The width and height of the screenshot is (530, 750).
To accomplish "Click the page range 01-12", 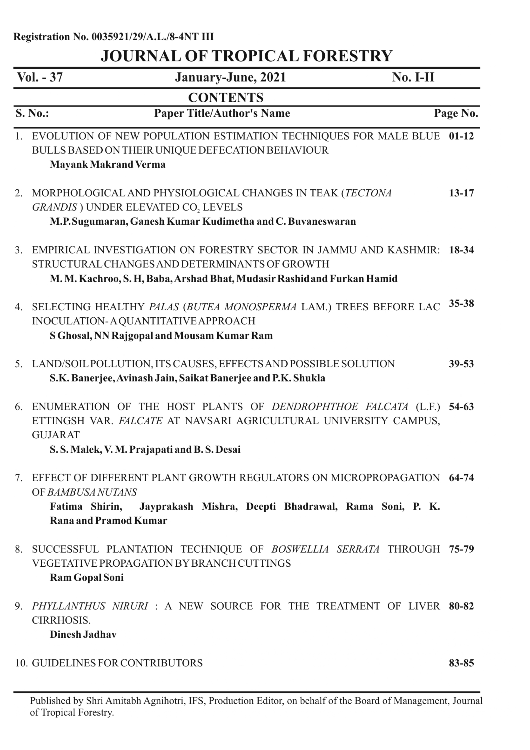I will click(x=461, y=136).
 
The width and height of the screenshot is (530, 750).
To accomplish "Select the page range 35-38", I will click(x=461, y=304).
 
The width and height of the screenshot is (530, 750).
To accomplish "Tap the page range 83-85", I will click(x=461, y=663).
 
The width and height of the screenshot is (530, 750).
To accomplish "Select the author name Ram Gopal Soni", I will click(x=87, y=577).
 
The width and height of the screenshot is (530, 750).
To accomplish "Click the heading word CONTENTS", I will click(x=226, y=97).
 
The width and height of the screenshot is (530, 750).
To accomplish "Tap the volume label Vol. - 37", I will click(x=40, y=77).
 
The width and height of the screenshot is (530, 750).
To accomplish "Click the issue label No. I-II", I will click(x=413, y=77).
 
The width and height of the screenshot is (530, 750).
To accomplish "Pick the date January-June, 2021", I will click(x=230, y=77).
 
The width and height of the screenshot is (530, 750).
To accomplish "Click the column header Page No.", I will click(x=456, y=113).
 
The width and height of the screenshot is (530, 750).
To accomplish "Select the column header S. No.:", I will click(x=32, y=113).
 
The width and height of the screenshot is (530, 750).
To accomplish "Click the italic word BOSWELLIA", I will click(x=300, y=549).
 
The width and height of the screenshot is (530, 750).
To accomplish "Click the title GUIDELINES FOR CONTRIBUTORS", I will click(x=117, y=663).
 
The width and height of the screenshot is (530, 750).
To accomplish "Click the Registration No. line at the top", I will click(x=113, y=37).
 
